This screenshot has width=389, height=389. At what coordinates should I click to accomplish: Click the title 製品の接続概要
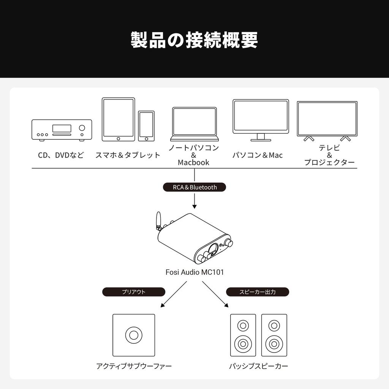pyautogui.click(x=194, y=40)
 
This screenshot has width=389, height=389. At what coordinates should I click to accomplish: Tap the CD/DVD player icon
pyautogui.click(x=62, y=130)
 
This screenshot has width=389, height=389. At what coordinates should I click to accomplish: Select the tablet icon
pyautogui.click(x=118, y=120)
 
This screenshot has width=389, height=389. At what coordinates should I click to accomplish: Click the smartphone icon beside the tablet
pyautogui.click(x=146, y=126)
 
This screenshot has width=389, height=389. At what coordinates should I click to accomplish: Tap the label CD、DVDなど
pyautogui.click(x=61, y=155)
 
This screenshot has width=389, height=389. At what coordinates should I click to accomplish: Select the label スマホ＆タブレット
pyautogui.click(x=128, y=155)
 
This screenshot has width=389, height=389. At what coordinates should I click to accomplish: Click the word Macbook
pyautogui.click(x=193, y=163)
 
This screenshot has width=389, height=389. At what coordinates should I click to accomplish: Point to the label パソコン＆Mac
pyautogui.click(x=258, y=155)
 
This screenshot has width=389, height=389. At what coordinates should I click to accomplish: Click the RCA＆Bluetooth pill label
pyautogui.click(x=194, y=187)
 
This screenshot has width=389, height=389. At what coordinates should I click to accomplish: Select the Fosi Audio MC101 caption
pyautogui.click(x=194, y=272)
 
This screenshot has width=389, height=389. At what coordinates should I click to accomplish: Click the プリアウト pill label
pyautogui.click(x=134, y=292)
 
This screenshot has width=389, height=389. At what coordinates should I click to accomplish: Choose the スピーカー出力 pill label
pyautogui.click(x=258, y=292)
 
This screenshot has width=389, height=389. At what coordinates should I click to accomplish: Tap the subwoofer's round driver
pyautogui.click(x=133, y=335)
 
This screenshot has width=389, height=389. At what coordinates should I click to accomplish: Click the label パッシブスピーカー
pyautogui.click(x=258, y=367)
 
